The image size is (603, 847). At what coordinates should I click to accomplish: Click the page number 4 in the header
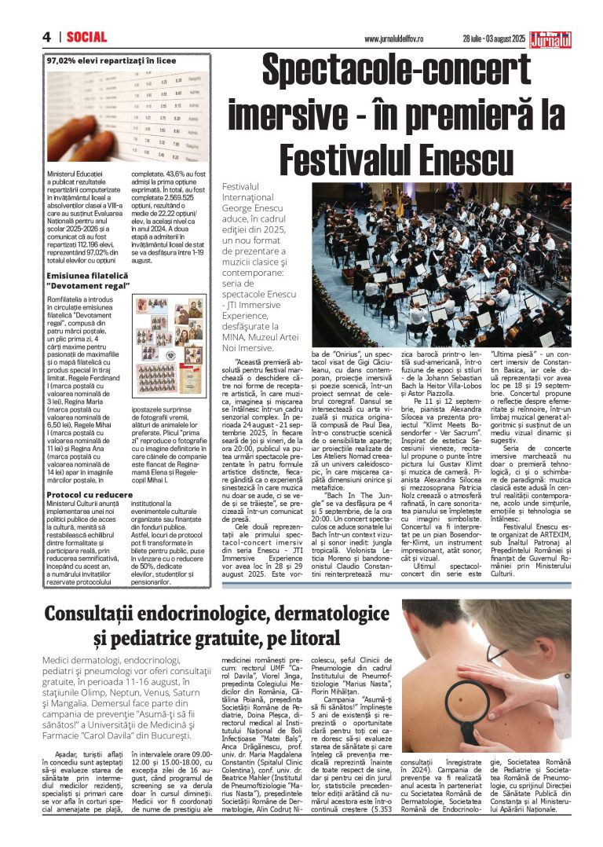(x=46, y=37)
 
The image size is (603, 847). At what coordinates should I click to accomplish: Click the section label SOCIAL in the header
(x=86, y=37)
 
